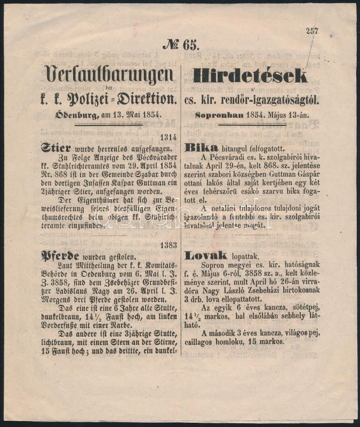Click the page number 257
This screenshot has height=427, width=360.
[312, 31]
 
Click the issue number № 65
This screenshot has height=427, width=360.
[181, 45]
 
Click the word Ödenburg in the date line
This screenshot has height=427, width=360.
[61, 114]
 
